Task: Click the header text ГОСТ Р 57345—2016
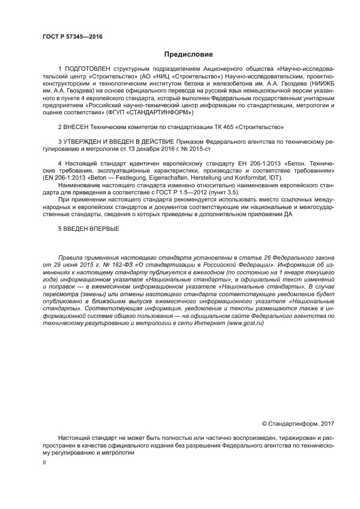pyautogui.click(x=72, y=36)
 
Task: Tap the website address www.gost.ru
pyautogui.click(x=245, y=323)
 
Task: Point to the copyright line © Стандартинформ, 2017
pyautogui.click(x=298, y=424)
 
